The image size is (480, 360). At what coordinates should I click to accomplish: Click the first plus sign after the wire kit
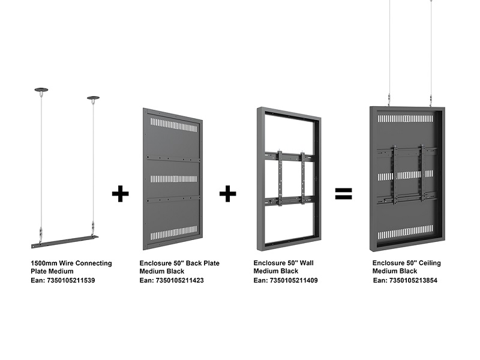[121, 193]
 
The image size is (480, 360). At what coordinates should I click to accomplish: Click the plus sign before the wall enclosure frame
[228, 193]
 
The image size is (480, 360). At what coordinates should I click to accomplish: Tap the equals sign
[343, 193]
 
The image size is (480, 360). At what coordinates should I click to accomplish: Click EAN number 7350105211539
[71, 280]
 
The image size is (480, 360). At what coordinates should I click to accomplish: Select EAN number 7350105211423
[179, 280]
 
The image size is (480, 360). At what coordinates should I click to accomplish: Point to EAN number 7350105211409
[293, 280]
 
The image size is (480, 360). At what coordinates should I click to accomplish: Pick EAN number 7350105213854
[413, 280]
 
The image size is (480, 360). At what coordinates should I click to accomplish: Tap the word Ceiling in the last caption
[430, 263]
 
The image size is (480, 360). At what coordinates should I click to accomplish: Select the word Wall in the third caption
[307, 263]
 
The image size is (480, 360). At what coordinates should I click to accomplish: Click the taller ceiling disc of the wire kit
[41, 90]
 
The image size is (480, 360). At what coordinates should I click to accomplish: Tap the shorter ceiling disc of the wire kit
[93, 98]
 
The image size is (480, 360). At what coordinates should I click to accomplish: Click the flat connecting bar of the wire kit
[65, 242]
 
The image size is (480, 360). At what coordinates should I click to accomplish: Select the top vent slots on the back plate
[173, 125]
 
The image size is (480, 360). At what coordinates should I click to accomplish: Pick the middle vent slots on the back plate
[173, 179]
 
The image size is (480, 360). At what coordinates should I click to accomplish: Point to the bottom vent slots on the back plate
[173, 233]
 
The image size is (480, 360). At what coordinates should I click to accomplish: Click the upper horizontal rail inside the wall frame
[289, 157]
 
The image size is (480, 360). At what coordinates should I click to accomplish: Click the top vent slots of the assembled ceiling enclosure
[406, 118]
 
